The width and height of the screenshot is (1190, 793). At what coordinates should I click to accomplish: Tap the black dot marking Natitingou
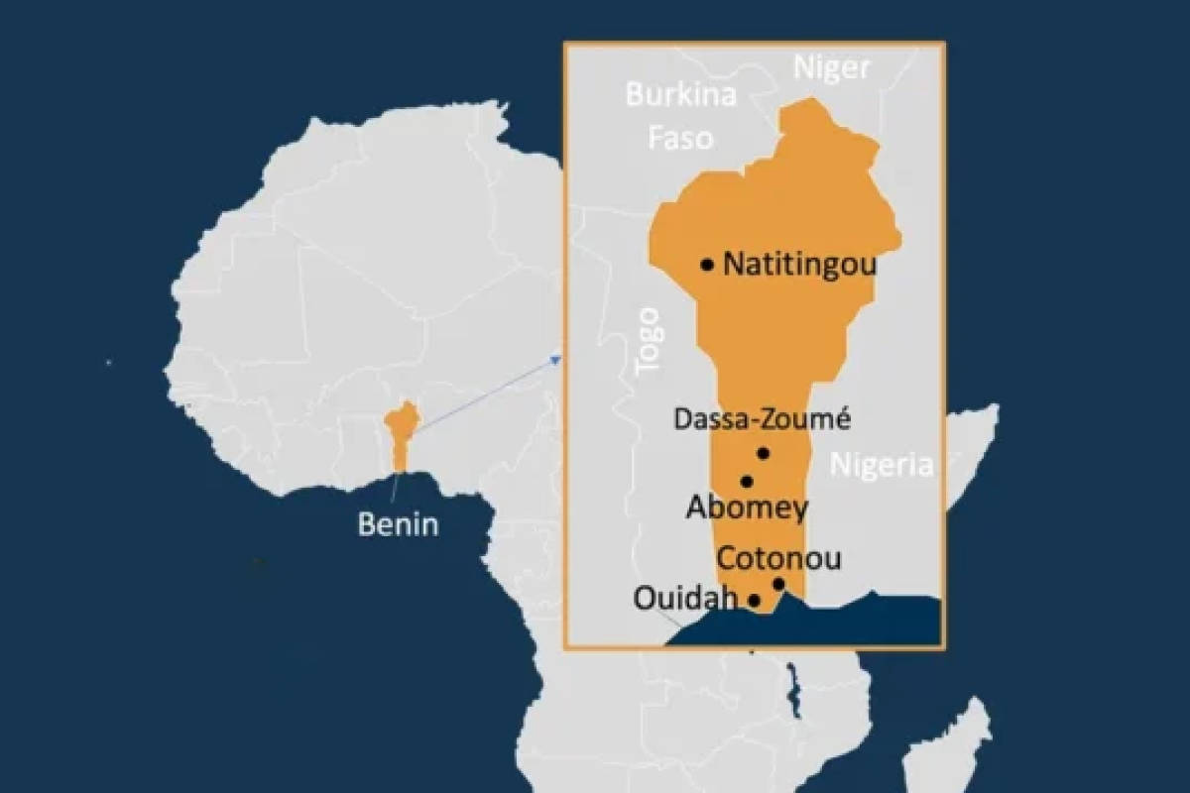(707, 265)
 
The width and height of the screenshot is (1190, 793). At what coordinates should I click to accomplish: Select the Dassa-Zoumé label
(763, 419)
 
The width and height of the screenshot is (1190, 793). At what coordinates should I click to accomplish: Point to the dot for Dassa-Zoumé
(763, 454)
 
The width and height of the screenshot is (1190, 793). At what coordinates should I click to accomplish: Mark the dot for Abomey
(747, 482)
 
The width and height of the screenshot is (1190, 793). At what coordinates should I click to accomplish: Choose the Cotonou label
(779, 558)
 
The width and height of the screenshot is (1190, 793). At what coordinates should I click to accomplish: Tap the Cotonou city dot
(779, 584)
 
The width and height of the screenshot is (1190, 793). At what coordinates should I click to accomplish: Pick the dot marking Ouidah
(755, 600)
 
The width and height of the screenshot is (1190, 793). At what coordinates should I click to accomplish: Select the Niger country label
(831, 67)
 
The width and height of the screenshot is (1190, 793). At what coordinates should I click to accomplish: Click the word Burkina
(680, 96)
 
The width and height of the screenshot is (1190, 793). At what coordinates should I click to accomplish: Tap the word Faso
(680, 137)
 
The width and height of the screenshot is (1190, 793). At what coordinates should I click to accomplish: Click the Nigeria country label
(883, 465)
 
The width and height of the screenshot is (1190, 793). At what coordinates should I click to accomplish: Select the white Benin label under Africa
(398, 524)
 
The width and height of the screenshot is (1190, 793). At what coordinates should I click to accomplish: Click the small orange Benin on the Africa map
(400, 433)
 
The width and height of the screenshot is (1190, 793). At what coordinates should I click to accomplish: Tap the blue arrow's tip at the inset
(559, 357)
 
